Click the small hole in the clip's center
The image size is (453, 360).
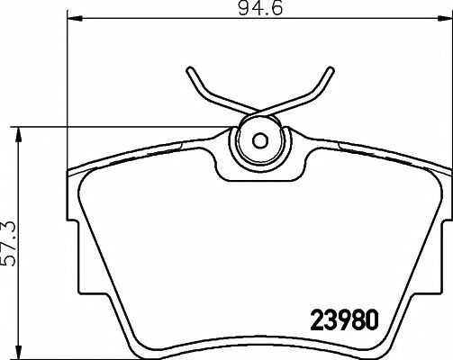258,140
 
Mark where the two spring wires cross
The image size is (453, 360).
259,112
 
